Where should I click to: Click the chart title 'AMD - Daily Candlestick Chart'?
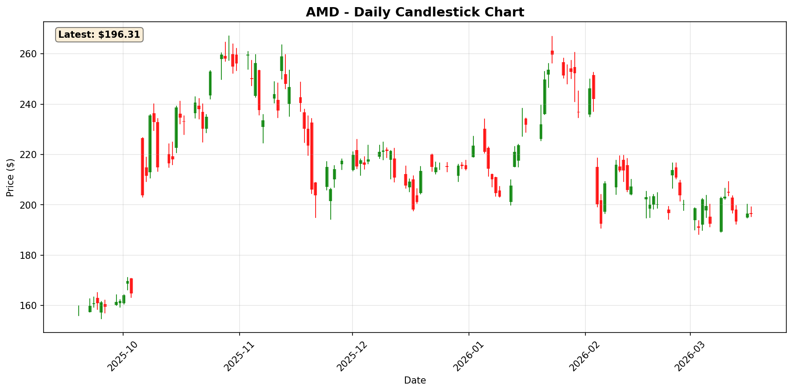tap(415, 12)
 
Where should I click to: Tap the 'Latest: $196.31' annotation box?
tap(99, 35)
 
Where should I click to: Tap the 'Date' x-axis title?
tap(415, 380)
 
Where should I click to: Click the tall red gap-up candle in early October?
tap(142, 166)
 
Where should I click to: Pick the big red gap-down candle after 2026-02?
tap(597, 186)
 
